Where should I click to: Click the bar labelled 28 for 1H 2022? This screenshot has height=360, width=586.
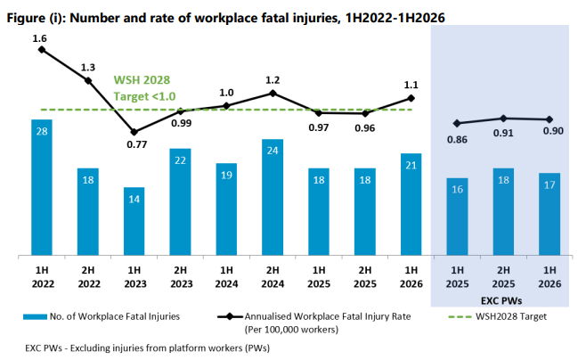click(x=42, y=187)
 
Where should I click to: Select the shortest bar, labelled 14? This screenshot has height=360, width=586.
click(x=134, y=221)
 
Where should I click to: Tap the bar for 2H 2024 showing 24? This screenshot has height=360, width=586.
click(x=273, y=198)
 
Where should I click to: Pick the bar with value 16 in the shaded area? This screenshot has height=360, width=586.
click(x=457, y=217)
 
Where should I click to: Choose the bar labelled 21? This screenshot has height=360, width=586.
click(x=411, y=204)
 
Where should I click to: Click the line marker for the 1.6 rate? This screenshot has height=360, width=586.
click(x=42, y=50)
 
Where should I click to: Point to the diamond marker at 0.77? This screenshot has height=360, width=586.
click(x=134, y=132)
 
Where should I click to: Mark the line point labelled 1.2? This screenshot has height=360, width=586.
click(x=273, y=93)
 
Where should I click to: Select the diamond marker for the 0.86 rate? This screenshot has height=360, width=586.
click(x=457, y=123)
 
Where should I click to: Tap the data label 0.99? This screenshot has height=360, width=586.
click(x=182, y=123)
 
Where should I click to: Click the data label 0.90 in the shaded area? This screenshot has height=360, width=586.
click(x=553, y=131)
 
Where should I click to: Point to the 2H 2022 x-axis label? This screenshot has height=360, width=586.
click(x=88, y=277)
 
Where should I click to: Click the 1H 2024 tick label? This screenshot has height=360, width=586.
click(x=226, y=277)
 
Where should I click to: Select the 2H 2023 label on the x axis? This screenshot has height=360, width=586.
click(x=181, y=277)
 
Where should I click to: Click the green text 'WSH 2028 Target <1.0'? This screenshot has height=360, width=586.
click(x=144, y=88)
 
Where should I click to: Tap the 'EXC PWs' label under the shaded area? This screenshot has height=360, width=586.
click(x=501, y=300)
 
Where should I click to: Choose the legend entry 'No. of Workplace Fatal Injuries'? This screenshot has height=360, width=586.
click(x=102, y=316)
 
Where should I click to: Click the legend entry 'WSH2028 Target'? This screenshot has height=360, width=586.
click(x=497, y=316)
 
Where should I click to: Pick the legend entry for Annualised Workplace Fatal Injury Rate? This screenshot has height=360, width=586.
click(x=313, y=323)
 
